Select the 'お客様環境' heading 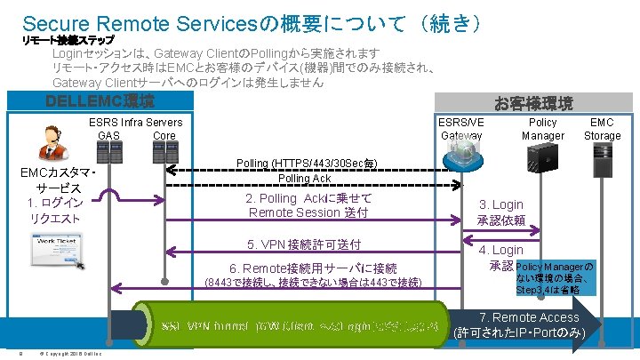click(x=533, y=104)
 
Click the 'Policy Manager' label click(x=542, y=129)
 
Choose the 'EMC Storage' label click(x=602, y=129)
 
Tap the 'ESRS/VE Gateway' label click(x=462, y=129)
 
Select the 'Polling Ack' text click(x=305, y=178)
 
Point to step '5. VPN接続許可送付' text click(x=303, y=244)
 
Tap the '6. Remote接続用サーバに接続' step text click(x=313, y=268)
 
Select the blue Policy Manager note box click(x=556, y=277)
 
